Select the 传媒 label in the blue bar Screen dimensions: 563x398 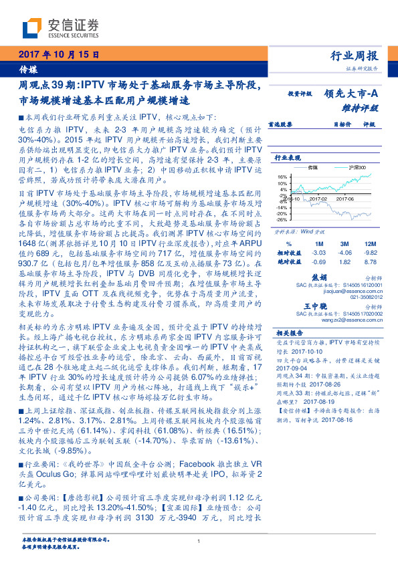pos(27,69)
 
